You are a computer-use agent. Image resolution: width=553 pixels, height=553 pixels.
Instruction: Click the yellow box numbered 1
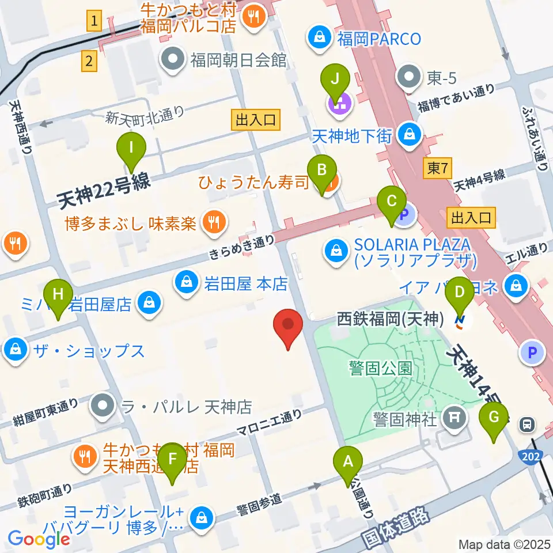(x=95, y=22)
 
